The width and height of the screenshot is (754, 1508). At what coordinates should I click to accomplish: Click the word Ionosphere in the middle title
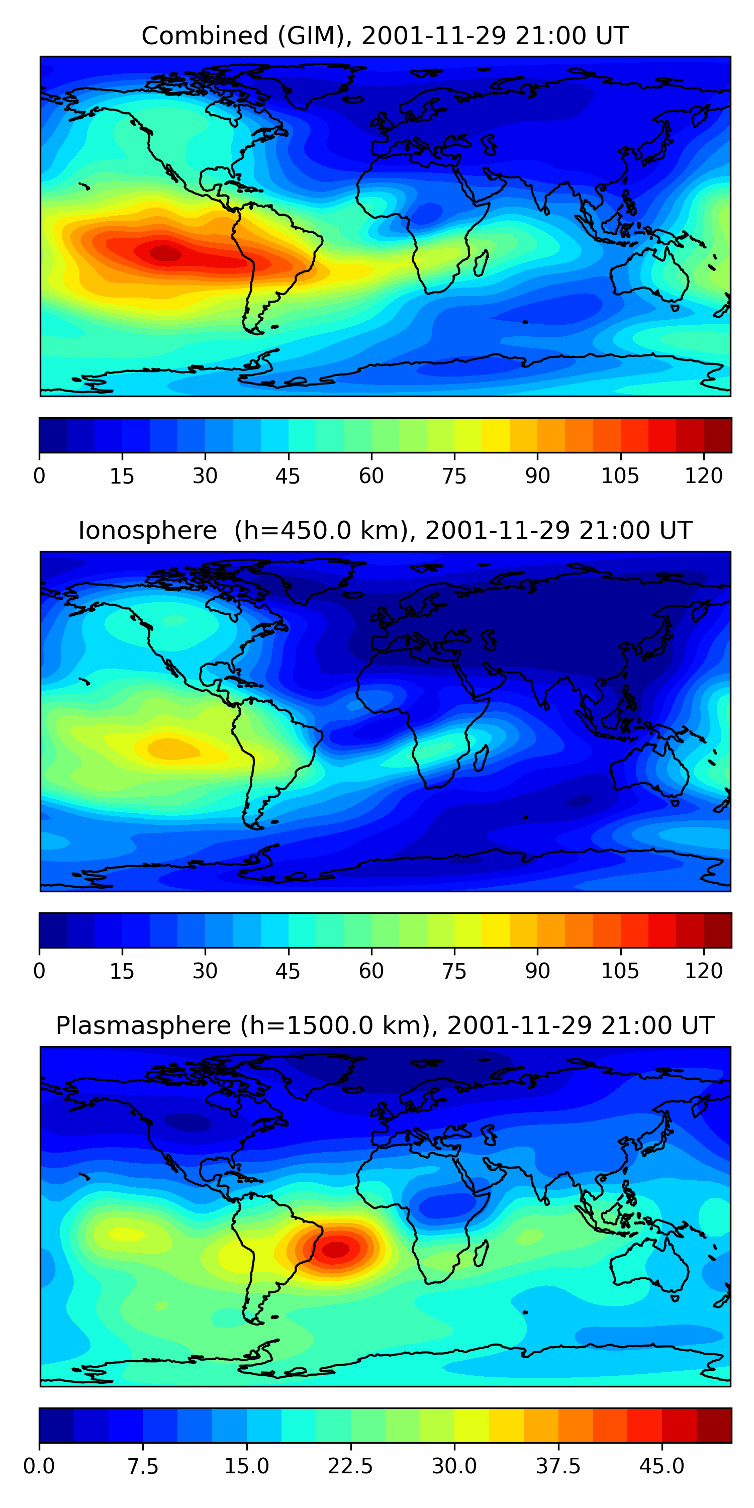(x=147, y=531)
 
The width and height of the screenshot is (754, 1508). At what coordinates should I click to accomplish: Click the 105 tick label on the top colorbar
(x=620, y=476)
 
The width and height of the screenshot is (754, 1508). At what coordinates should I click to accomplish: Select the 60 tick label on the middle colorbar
(x=371, y=971)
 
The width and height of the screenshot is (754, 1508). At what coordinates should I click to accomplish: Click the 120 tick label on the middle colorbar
(x=703, y=971)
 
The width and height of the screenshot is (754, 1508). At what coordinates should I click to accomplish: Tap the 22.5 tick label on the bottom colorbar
(x=350, y=1466)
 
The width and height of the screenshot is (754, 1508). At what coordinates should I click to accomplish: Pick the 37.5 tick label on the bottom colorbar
(x=558, y=1466)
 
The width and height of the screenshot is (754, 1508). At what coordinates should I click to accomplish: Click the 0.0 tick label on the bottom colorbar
(x=39, y=1466)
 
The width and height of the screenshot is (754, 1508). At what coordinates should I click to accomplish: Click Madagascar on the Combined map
(x=481, y=263)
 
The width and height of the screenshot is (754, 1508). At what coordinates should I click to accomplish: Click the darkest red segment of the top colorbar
(x=717, y=435)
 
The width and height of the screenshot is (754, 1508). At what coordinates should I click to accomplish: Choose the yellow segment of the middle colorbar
(x=495, y=929)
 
